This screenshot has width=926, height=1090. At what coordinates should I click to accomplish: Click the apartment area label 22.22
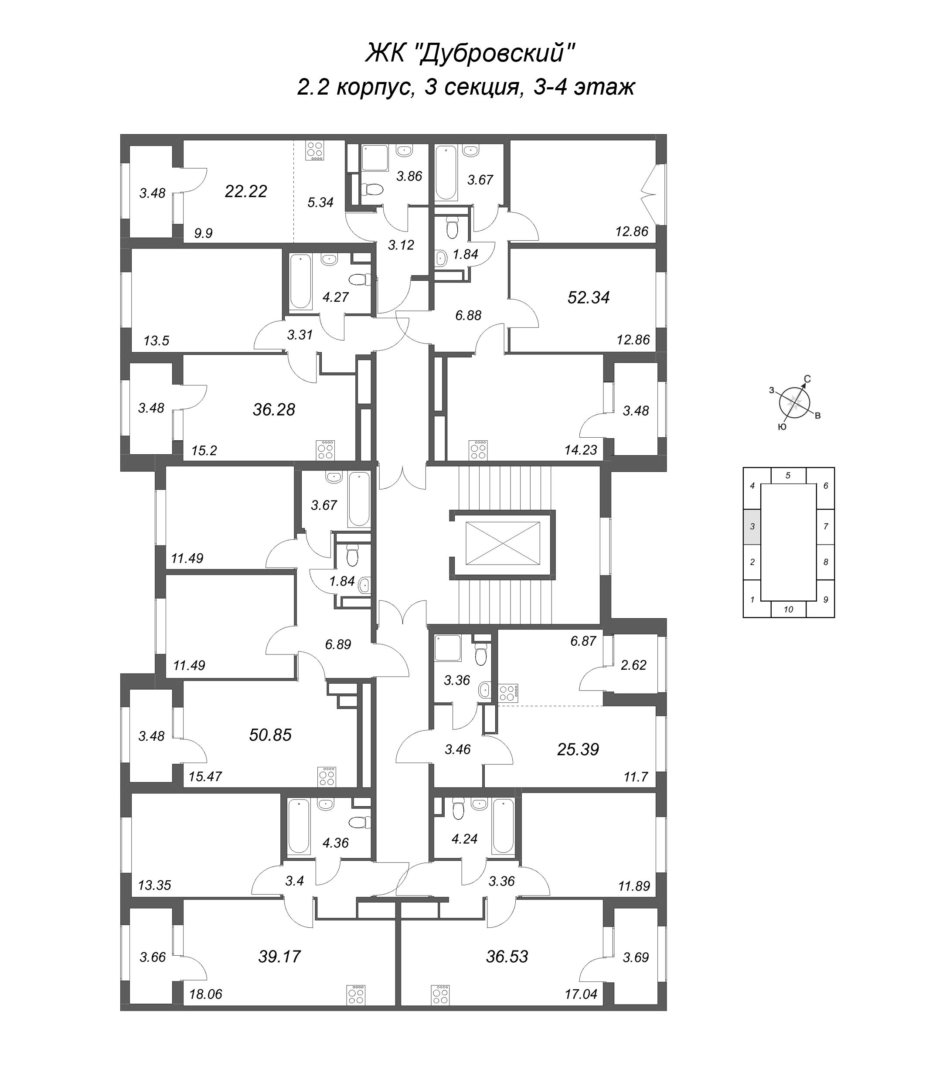[x=246, y=191]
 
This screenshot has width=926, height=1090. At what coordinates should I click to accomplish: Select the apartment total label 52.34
[x=589, y=298]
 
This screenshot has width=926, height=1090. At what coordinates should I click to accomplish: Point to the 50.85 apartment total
[x=270, y=735]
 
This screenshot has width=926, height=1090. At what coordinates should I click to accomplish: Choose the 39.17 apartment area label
[x=279, y=957]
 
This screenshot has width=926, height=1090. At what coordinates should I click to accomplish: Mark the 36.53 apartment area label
[x=507, y=957]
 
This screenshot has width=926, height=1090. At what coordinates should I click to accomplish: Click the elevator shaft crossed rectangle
[x=502, y=543]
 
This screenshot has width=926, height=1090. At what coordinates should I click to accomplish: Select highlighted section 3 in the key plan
[x=752, y=527]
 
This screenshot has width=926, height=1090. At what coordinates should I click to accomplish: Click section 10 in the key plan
[x=788, y=609]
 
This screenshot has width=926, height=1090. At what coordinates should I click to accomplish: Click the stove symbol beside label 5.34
[x=316, y=151]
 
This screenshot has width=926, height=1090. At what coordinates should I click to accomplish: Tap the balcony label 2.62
[x=633, y=665]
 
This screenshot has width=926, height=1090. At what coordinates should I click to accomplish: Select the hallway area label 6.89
[x=337, y=644]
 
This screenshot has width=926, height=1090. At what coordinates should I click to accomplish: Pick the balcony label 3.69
[x=636, y=957]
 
